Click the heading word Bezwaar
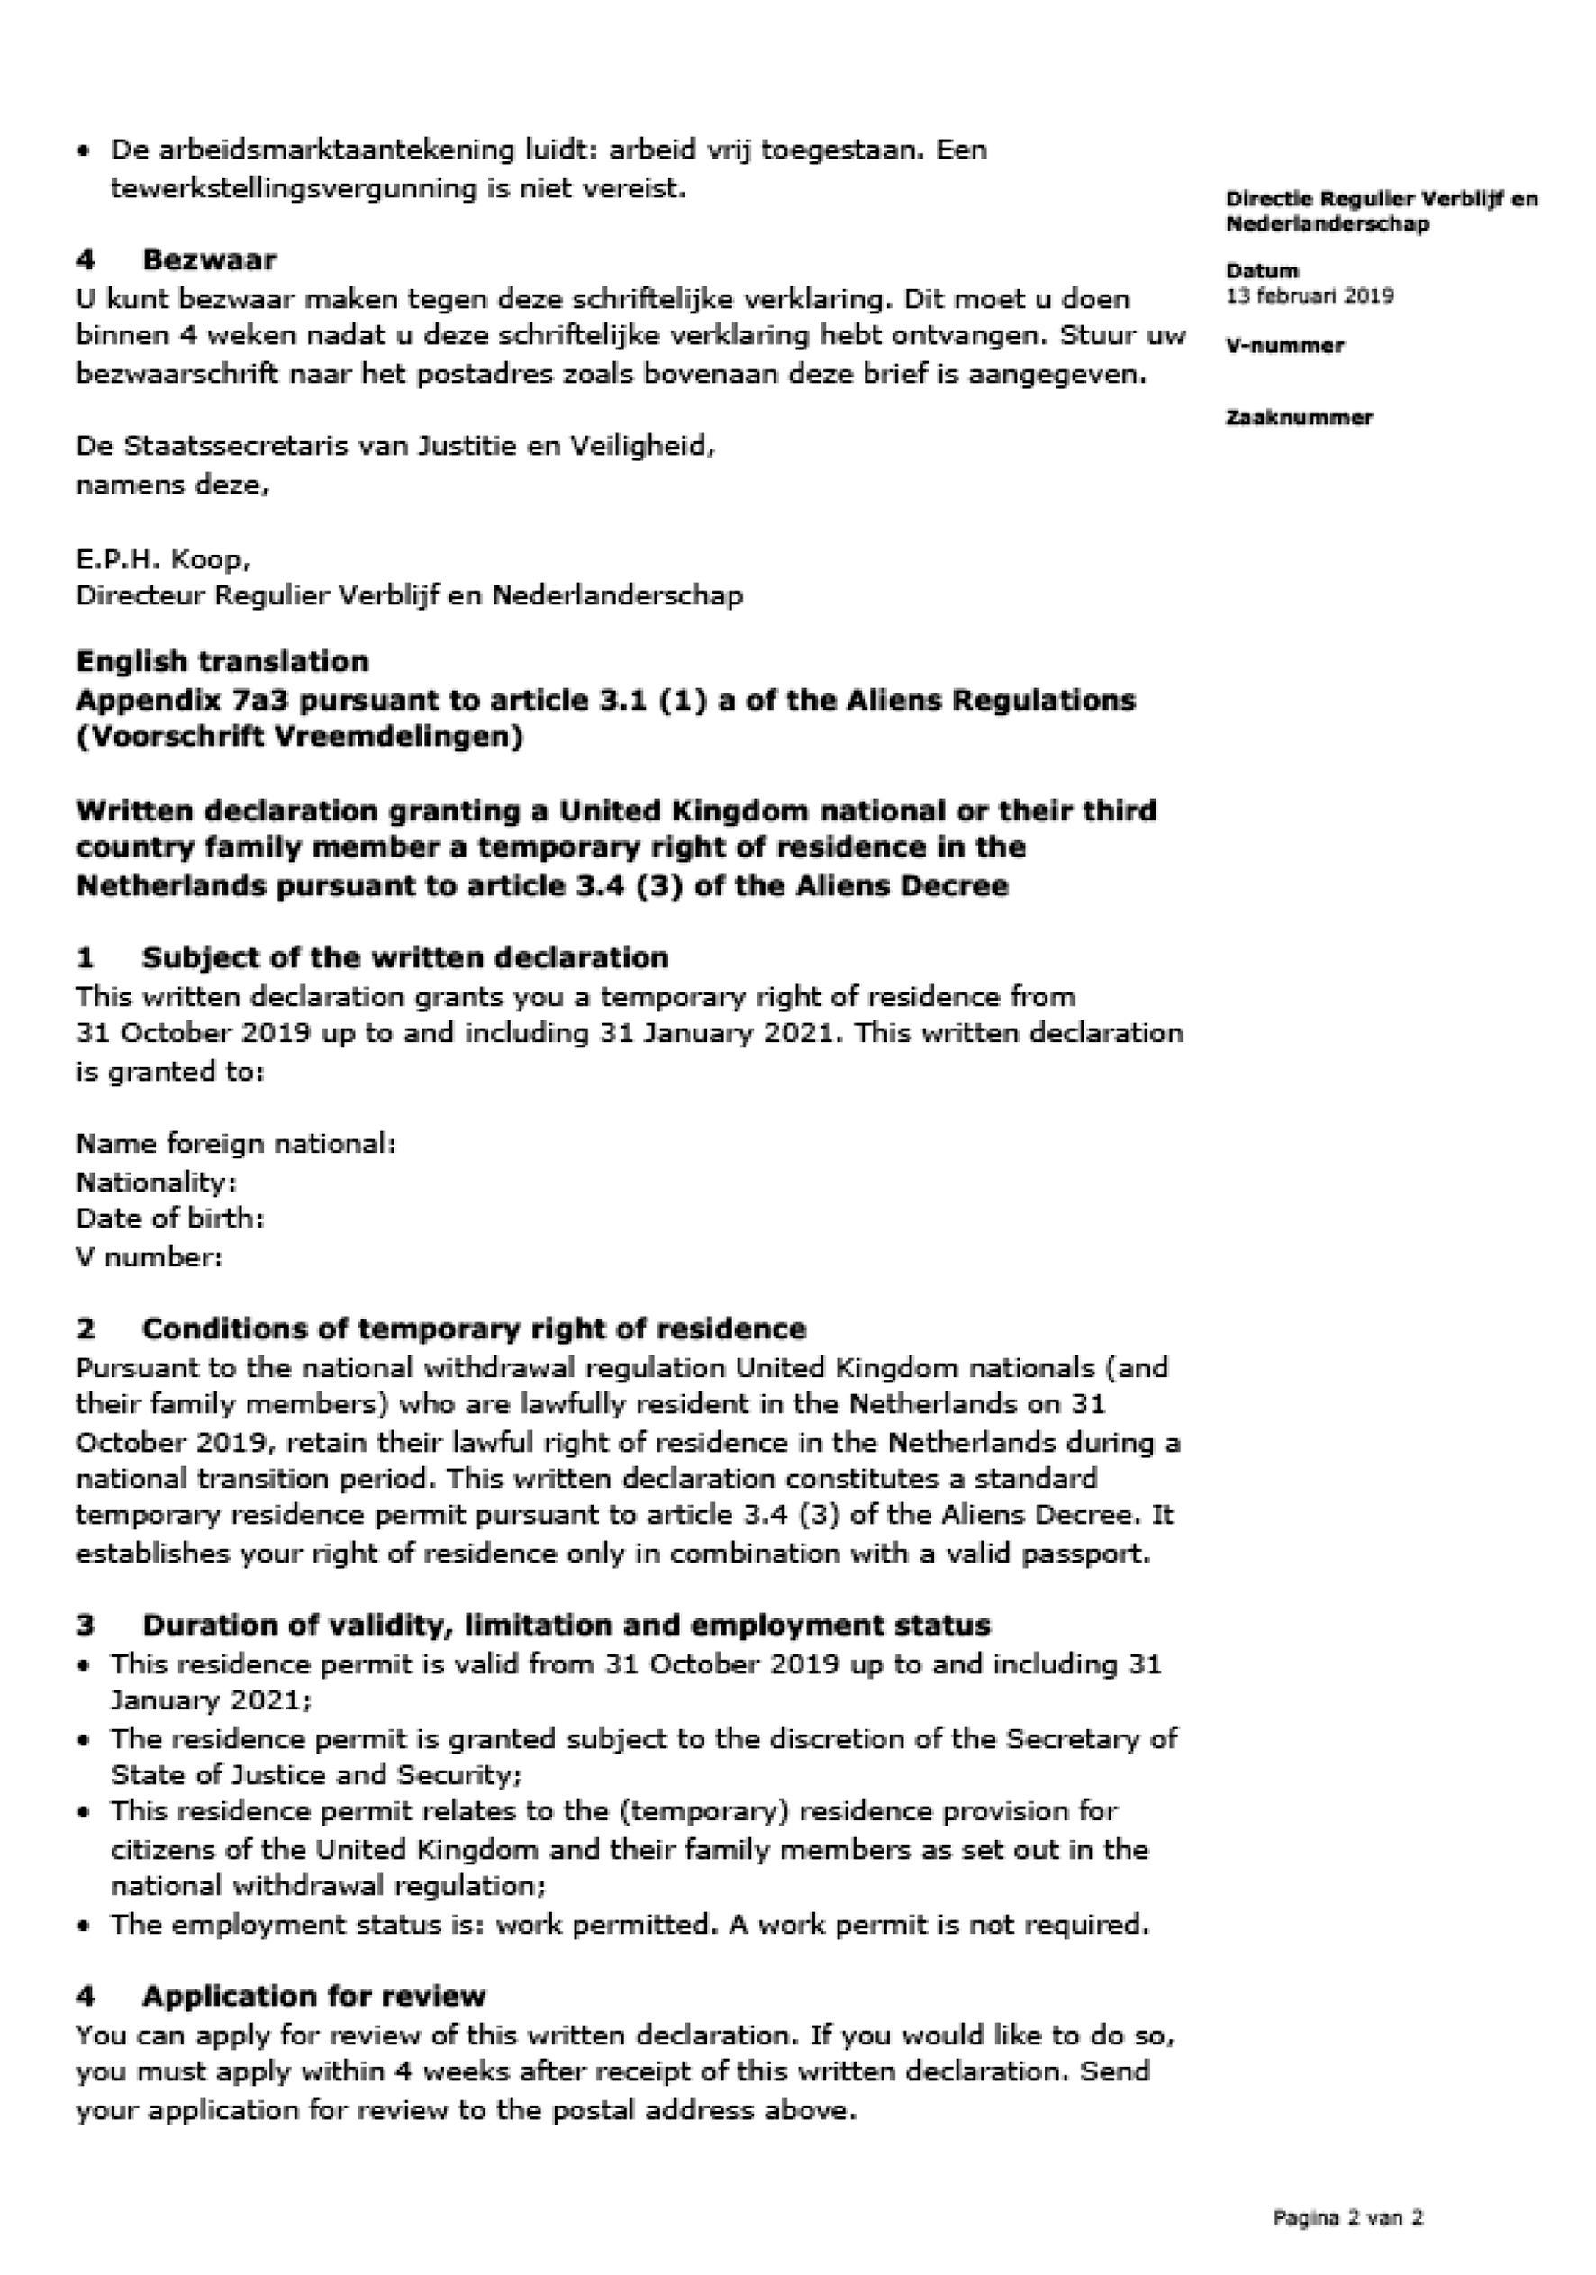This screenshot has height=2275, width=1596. pos(209,259)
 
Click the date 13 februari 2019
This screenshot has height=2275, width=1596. pos(1309,295)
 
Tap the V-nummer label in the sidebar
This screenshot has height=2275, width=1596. pos(1284,346)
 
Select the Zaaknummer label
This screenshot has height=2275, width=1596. pos(1299,417)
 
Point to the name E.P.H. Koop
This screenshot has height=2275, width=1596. pos(162,560)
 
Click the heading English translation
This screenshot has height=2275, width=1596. pos(222,661)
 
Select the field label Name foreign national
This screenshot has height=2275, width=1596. pos(236,1144)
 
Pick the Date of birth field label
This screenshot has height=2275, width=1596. pos(169,1218)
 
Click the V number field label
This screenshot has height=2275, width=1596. pos(149,1257)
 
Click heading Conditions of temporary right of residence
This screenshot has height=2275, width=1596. pos(474,1328)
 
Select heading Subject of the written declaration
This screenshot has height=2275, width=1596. pos(404,957)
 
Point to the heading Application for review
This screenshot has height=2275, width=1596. pos(314,1996)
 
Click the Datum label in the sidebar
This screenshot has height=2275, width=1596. pos(1261,270)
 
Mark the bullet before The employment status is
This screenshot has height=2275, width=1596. pos(86,1926)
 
